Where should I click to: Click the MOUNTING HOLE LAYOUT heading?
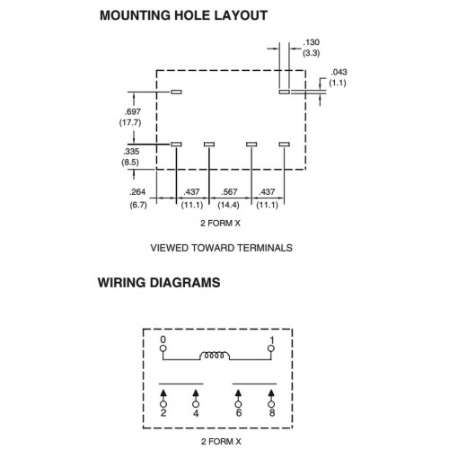(x=183, y=15)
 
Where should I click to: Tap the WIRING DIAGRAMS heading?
(x=159, y=283)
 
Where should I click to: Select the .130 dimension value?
(x=312, y=42)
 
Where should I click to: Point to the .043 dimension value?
(x=339, y=72)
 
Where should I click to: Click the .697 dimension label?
(x=133, y=112)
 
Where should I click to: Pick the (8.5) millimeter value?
(x=130, y=163)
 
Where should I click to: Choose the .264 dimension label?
(x=137, y=192)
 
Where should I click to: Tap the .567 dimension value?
(x=229, y=192)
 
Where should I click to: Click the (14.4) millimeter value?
(x=228, y=205)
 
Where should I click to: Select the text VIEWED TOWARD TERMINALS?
(x=221, y=248)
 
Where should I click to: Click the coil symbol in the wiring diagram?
(x=215, y=356)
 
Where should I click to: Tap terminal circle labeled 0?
(x=163, y=348)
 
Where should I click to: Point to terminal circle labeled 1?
(x=271, y=348)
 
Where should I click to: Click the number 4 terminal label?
(x=196, y=413)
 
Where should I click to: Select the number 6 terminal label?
(x=239, y=413)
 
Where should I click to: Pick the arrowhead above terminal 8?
(x=271, y=392)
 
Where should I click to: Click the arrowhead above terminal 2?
(x=163, y=392)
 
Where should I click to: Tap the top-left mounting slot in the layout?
(x=176, y=92)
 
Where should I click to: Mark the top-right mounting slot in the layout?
(x=285, y=92)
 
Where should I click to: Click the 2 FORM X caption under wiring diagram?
(x=221, y=442)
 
